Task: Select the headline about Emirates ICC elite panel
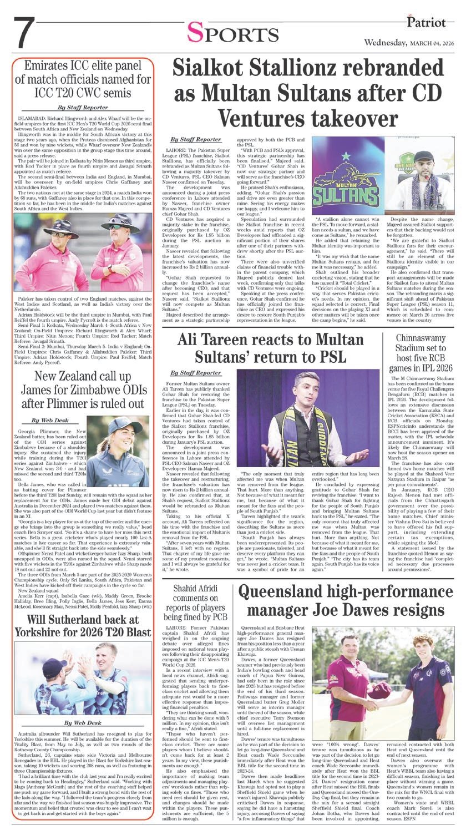85,79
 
